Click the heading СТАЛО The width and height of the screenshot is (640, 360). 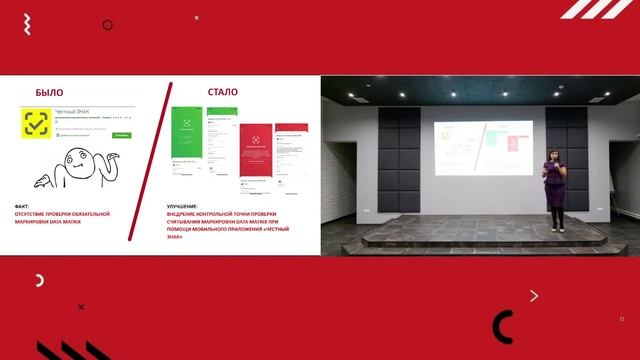(222, 92)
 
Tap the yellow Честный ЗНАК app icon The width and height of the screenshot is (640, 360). (38, 125)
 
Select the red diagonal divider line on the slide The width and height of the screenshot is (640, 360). (159, 160)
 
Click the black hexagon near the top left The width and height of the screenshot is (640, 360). (108, 25)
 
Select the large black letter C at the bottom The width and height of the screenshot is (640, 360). (503, 327)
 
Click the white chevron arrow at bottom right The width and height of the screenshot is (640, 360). (534, 295)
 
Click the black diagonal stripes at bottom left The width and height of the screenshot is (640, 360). (70, 350)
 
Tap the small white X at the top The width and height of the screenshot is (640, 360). (196, 17)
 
